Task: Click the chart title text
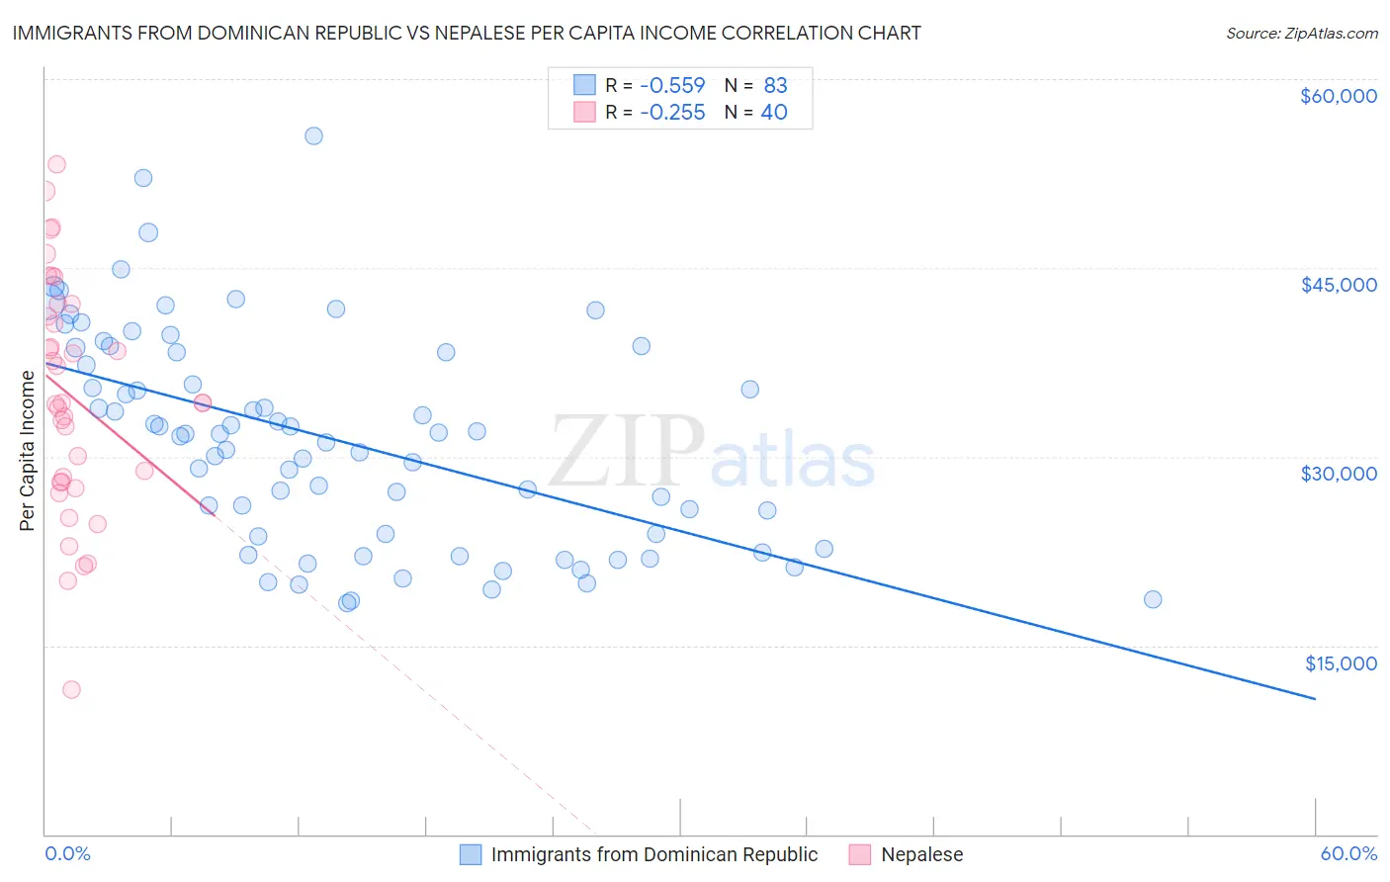point(466,33)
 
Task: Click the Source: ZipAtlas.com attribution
point(1301,33)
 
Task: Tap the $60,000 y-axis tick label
point(1338,96)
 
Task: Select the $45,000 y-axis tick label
point(1338,285)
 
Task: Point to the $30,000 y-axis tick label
point(1338,474)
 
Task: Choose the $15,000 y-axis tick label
point(1341,663)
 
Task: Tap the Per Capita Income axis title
point(28,451)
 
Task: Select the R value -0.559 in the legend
point(672,85)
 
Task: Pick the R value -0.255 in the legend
point(672,112)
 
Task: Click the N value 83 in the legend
point(775,85)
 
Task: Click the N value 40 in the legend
point(774,112)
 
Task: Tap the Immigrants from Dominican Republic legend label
point(654,854)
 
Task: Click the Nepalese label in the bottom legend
point(921,854)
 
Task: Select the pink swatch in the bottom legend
point(859,854)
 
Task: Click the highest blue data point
point(313,135)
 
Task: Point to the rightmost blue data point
point(1152,599)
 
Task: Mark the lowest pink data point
point(71,689)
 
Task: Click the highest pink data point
point(56,164)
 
